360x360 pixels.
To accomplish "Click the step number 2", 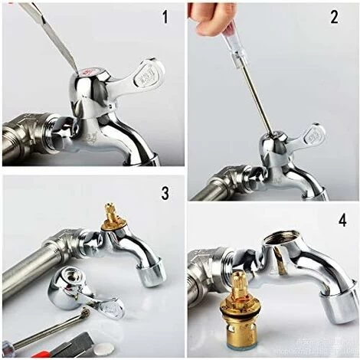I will tap(333, 16).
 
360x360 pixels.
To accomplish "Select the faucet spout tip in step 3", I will tap(152, 272).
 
